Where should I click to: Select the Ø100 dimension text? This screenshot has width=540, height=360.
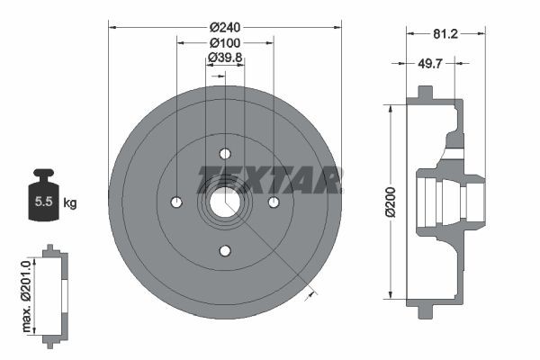[x=224, y=42]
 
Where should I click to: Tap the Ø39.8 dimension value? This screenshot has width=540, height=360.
[x=225, y=58]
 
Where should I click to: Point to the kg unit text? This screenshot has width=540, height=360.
[x=70, y=202]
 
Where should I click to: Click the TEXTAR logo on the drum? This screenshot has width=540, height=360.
[x=269, y=180]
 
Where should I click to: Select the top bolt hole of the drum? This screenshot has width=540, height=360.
[x=225, y=152]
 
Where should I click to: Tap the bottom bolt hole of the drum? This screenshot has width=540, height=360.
[x=225, y=249]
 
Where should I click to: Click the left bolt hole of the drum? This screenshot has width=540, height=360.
[x=176, y=201]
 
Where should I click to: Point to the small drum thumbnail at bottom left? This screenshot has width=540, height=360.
[x=56, y=292]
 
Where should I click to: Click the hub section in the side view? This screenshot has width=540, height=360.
[x=450, y=200]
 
